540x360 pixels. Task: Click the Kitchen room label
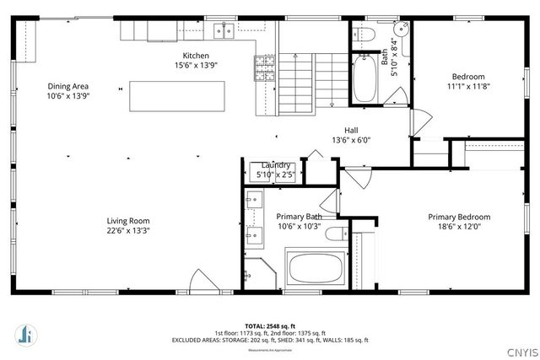tap(191, 56)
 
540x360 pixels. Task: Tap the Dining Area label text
tap(68, 86)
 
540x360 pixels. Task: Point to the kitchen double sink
tap(224, 30)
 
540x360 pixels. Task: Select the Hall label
tap(350, 131)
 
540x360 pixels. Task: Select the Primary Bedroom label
tap(458, 217)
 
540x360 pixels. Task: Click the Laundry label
tap(276, 165)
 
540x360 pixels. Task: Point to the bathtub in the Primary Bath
tap(316, 270)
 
